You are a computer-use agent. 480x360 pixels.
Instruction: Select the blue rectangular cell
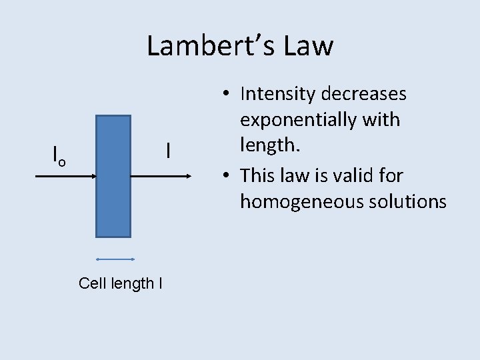pos(113,176)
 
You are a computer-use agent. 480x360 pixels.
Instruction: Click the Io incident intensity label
pos(59,156)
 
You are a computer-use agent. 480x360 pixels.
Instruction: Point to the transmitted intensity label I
pos(168,151)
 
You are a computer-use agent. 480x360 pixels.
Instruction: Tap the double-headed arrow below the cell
pos(115,259)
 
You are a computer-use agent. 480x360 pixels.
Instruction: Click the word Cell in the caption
pos(91,283)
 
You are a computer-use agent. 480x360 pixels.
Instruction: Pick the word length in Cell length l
pos(132,283)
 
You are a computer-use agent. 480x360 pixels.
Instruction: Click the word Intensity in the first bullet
pos(278,94)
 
